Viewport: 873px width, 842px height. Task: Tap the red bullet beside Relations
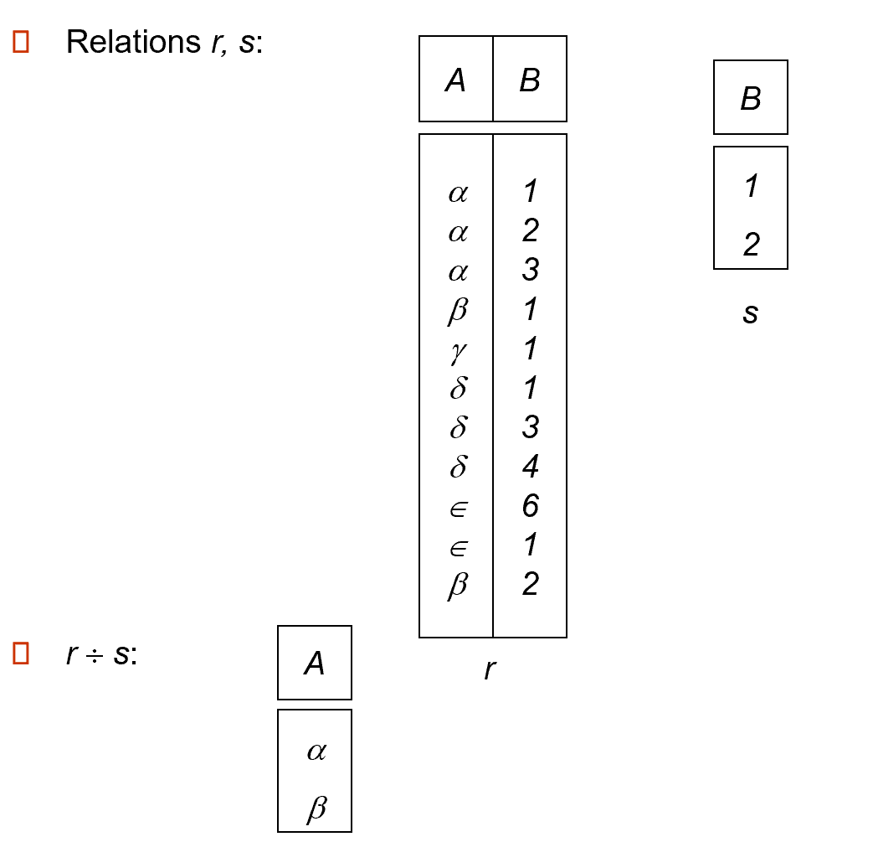click(22, 42)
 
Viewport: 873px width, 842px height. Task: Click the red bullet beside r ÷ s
click(22, 653)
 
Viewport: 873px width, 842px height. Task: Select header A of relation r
click(455, 80)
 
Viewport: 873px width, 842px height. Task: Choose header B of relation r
click(529, 80)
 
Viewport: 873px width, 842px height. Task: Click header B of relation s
click(750, 99)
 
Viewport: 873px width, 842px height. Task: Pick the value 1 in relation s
click(751, 186)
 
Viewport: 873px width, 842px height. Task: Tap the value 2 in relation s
click(751, 245)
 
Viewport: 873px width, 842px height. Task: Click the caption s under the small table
click(750, 313)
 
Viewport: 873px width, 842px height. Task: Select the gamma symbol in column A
click(458, 350)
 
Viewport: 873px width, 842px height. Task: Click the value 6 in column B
click(530, 506)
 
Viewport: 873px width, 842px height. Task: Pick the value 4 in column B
click(530, 467)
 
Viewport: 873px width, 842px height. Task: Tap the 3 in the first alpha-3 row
click(530, 271)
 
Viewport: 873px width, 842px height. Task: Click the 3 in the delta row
click(530, 427)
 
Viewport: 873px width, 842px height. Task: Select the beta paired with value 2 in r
click(458, 586)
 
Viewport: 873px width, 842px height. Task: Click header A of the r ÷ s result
click(314, 664)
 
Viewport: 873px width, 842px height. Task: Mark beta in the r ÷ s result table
click(316, 808)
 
